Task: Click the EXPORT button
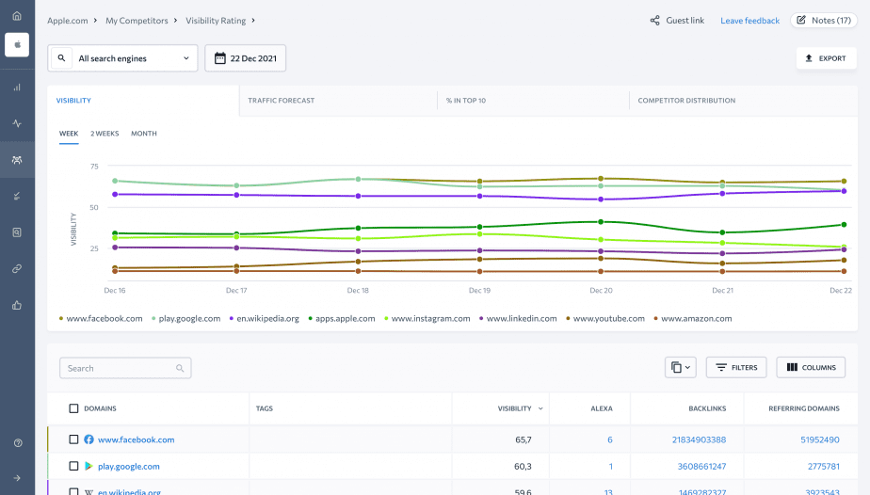pos(826,58)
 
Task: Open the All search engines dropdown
pos(123,58)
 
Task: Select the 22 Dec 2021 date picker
pos(246,58)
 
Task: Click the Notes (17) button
pos(825,20)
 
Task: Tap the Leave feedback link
pos(749,21)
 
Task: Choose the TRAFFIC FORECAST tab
pos(282,101)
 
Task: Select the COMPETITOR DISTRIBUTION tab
pos(686,101)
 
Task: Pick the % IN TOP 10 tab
pos(465,101)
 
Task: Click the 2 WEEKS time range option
pos(105,134)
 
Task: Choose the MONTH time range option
pos(144,134)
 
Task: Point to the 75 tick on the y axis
pos(94,167)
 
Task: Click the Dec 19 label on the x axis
pos(479,291)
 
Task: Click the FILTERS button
pos(736,368)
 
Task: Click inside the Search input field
pos(119,368)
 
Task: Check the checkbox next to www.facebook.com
pos(73,439)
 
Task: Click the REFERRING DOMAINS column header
pos(803,408)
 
